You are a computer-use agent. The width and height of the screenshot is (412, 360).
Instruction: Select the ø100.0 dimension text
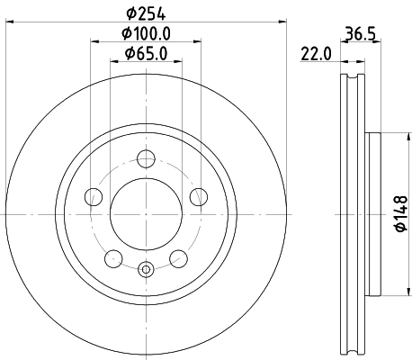point(148,35)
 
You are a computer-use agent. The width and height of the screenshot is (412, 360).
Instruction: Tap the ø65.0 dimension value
point(148,56)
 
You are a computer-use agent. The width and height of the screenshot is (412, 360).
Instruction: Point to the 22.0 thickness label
point(317,55)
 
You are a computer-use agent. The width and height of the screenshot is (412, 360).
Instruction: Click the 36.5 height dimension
point(359,35)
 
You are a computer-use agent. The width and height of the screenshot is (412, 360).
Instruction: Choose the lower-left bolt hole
point(112,259)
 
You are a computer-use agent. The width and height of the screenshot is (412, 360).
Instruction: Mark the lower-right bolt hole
point(178,259)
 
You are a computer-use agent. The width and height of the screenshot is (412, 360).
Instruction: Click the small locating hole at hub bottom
point(146,267)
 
